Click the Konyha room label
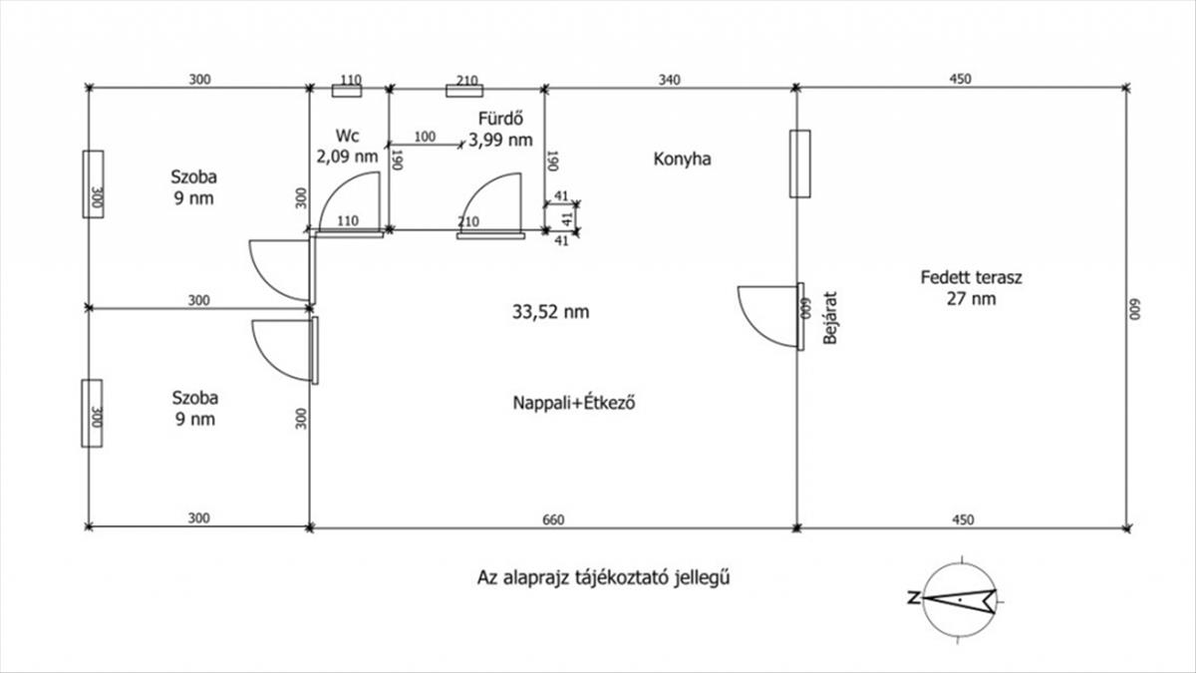click(683, 160)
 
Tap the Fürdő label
click(500, 118)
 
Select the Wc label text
click(347, 136)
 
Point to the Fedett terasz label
click(971, 277)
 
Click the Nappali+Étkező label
click(574, 402)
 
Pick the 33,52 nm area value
click(550, 311)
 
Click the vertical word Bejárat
click(829, 318)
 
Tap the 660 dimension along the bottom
click(553, 519)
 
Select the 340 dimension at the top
click(669, 80)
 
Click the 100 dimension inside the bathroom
click(425, 137)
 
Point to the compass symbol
click(961, 600)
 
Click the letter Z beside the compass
click(914, 597)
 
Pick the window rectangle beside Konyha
click(799, 164)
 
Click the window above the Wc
click(347, 91)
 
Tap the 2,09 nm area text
click(347, 157)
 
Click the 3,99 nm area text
click(500, 140)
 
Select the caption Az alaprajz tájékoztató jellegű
click(603, 577)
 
